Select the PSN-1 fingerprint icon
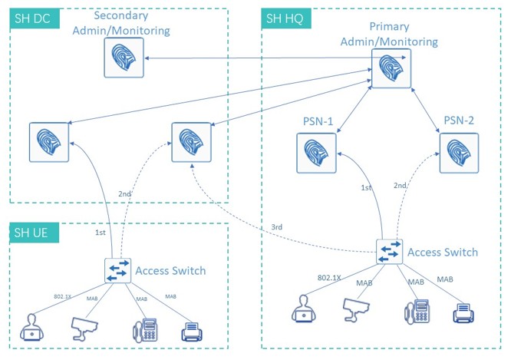tap(317, 151)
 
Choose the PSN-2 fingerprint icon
tap(458, 151)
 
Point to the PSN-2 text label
tap(459, 121)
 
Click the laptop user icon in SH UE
tap(33, 328)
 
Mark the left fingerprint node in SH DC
tap(49, 142)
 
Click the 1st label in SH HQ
tap(367, 187)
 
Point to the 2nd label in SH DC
tap(125, 194)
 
